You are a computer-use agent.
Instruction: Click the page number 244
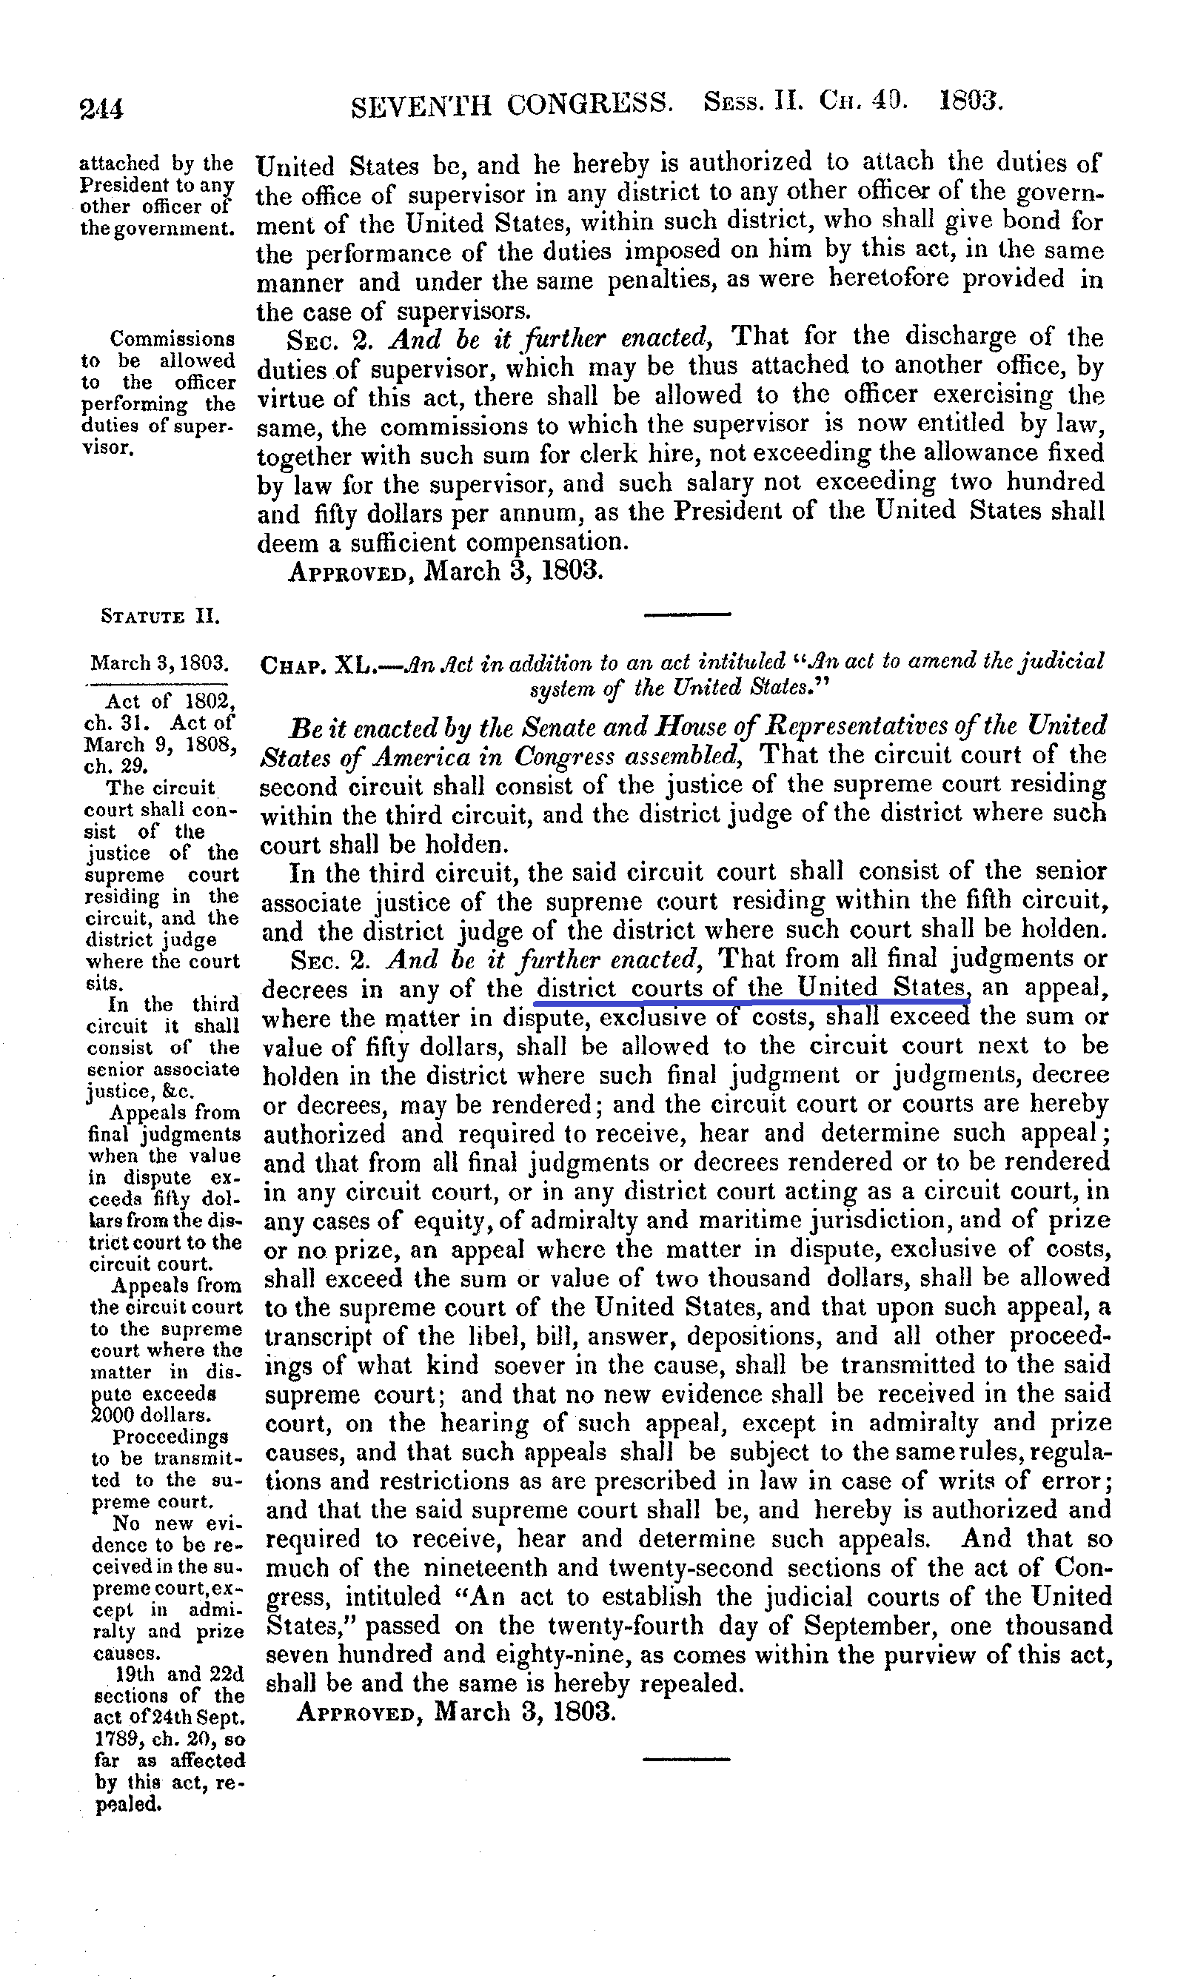101,107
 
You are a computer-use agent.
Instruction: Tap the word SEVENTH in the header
421,105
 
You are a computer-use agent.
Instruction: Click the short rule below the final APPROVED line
686,1760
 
